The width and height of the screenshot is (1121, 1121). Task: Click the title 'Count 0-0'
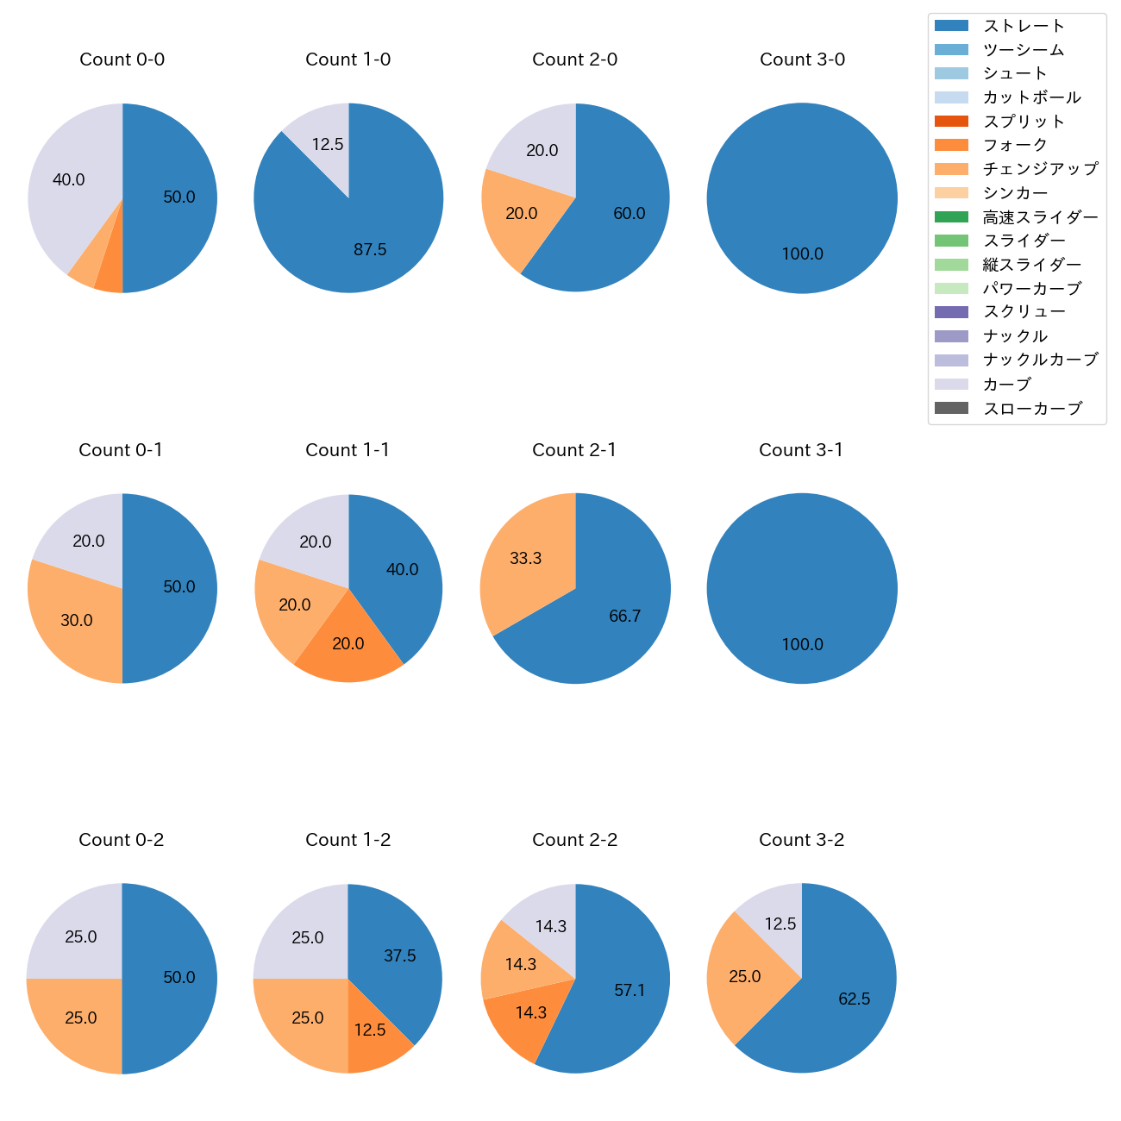point(122,59)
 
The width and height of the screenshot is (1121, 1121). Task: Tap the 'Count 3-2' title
point(802,840)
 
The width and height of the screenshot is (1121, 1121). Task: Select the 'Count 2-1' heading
point(574,450)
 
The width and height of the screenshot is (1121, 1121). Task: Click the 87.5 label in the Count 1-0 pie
point(370,250)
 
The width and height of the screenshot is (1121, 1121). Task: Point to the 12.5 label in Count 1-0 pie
point(328,145)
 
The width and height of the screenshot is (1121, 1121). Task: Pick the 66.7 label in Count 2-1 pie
point(624,617)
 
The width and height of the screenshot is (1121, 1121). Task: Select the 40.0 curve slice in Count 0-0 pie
point(69,180)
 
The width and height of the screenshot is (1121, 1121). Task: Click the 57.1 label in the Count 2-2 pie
point(629,991)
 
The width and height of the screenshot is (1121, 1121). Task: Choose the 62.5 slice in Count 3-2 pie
point(854,999)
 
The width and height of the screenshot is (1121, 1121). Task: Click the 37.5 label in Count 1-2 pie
point(400,956)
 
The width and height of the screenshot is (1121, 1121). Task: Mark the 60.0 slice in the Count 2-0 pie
point(629,214)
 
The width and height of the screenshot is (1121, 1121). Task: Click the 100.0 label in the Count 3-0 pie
point(803,254)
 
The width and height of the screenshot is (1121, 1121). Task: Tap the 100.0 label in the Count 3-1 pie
point(803,645)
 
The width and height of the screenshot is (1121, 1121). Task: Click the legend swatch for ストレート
point(951,26)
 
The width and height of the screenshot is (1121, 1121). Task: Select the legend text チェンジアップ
point(1041,169)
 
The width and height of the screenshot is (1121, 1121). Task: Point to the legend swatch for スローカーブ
point(951,409)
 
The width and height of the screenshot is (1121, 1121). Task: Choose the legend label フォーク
point(1016,145)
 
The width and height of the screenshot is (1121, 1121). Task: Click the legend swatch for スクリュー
point(951,312)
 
